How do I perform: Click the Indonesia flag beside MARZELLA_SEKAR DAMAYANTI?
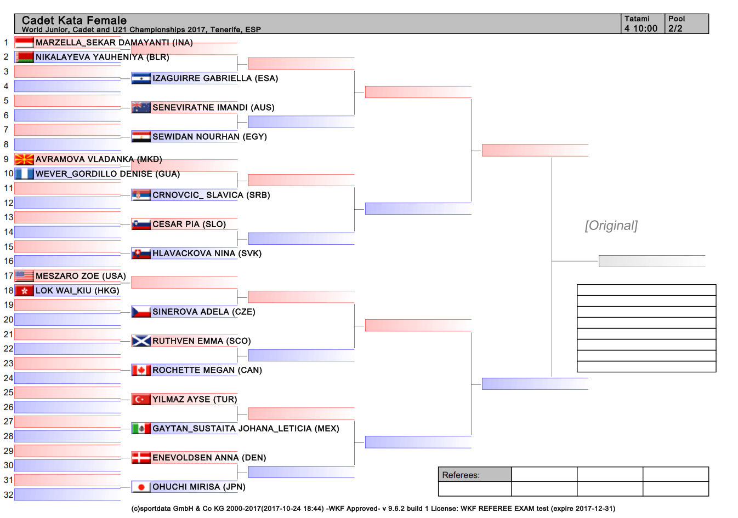click(24, 43)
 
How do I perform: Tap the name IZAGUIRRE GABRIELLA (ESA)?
click(215, 78)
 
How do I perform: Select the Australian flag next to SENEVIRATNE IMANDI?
click(141, 107)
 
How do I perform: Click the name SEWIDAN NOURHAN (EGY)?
click(209, 136)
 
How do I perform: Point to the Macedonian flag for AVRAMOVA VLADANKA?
click(24, 159)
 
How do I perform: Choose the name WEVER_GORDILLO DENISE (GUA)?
click(107, 174)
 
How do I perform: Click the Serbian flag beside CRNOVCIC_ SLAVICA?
click(141, 195)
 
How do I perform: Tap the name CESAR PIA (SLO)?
click(189, 224)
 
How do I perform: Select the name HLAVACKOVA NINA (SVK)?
click(207, 254)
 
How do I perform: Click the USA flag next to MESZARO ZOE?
click(24, 276)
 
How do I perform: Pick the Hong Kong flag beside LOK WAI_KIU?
click(24, 291)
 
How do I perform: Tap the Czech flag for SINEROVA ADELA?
click(141, 312)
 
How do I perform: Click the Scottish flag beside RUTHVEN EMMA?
click(141, 341)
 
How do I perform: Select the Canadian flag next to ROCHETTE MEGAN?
click(141, 370)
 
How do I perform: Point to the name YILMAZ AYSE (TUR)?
click(195, 399)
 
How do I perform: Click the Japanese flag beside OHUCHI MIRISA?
click(141, 487)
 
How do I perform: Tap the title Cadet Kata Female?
click(74, 20)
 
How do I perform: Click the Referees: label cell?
click(475, 475)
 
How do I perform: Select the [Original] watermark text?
click(611, 226)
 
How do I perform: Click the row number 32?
click(8, 494)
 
